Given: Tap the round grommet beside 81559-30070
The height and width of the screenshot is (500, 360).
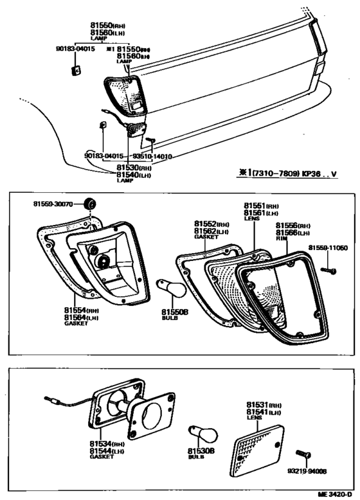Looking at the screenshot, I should tap(91, 204).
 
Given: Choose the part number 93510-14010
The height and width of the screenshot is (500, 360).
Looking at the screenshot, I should tap(152, 156).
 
